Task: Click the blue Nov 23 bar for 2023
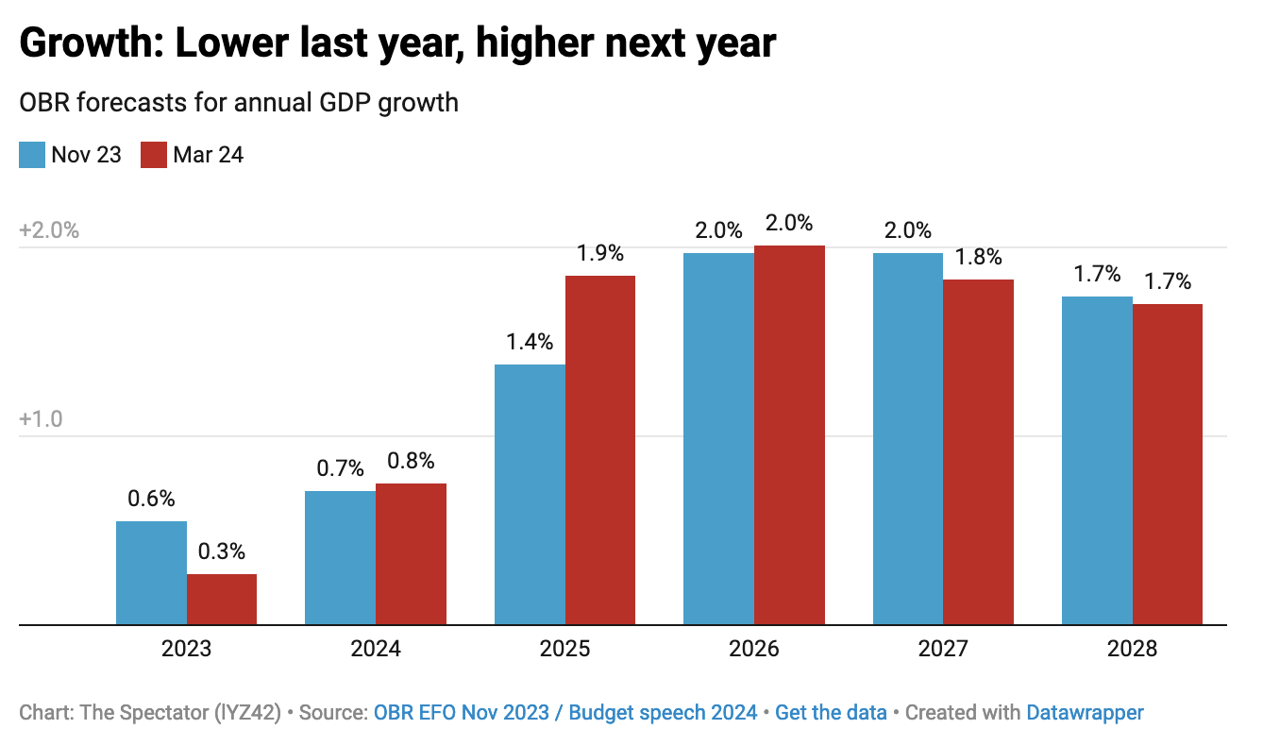(x=151, y=572)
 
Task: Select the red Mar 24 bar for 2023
(x=222, y=599)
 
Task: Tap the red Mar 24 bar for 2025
(x=600, y=449)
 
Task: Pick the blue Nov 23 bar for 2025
(x=530, y=494)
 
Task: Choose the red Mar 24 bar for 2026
(x=790, y=434)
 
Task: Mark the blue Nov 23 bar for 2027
(x=908, y=438)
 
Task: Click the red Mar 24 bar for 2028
(x=1168, y=464)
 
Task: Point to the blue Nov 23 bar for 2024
(x=340, y=557)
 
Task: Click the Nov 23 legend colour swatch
(x=32, y=155)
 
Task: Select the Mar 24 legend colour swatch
(x=154, y=155)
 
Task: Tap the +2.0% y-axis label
(x=49, y=231)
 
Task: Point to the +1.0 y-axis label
(x=41, y=419)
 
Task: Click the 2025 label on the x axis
(x=564, y=650)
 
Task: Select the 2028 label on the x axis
(x=1132, y=650)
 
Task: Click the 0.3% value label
(x=222, y=552)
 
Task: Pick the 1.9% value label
(x=600, y=254)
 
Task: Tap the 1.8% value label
(x=979, y=258)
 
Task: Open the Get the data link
(x=831, y=713)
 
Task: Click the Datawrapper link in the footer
(x=1085, y=713)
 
